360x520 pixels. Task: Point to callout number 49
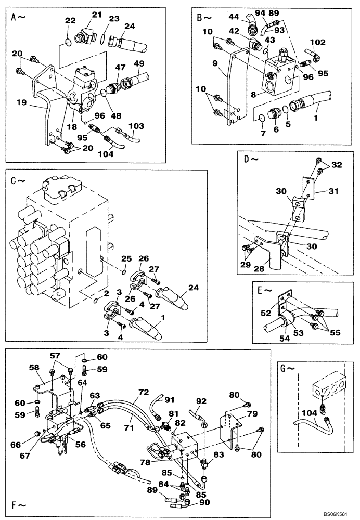pos(139,64)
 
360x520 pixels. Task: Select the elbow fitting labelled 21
pos(83,37)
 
